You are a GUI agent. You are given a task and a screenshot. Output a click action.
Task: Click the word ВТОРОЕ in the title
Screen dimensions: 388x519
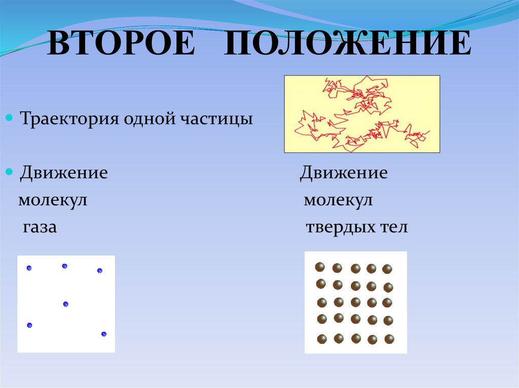(x=121, y=45)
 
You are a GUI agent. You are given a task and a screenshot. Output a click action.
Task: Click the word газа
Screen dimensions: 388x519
(x=40, y=228)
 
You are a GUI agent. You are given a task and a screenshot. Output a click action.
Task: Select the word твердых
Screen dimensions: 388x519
(x=334, y=227)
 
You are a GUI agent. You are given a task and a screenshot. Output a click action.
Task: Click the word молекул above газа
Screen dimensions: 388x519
(x=53, y=200)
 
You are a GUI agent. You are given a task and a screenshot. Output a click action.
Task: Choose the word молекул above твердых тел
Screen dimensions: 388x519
(x=338, y=200)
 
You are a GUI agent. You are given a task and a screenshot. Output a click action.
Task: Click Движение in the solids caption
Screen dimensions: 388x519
(x=344, y=173)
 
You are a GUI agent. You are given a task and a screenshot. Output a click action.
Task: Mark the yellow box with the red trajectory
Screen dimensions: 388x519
(x=361, y=114)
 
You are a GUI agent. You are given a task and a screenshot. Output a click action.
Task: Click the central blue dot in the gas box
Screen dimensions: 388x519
(x=65, y=304)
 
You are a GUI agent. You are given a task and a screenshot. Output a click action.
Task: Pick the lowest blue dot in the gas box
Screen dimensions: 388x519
(x=104, y=334)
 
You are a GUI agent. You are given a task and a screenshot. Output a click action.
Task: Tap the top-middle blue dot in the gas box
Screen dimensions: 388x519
(x=64, y=266)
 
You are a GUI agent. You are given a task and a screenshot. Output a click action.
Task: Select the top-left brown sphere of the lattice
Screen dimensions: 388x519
(x=320, y=267)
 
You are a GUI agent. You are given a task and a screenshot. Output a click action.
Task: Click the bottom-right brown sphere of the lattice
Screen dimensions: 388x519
(x=389, y=339)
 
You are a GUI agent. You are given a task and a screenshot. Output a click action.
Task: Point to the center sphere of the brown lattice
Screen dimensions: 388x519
(x=355, y=302)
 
